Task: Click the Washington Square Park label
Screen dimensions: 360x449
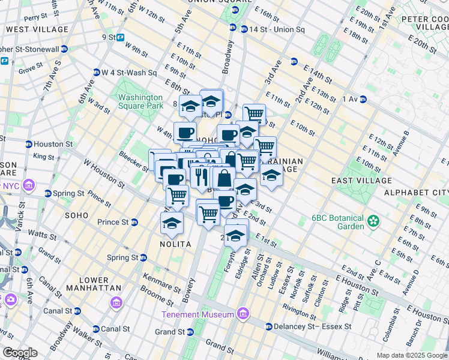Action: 140,101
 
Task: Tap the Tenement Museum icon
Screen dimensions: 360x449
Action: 243,313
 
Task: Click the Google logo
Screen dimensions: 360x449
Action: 20,352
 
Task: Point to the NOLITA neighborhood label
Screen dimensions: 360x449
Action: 175,244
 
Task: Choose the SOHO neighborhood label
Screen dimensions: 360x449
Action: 77,214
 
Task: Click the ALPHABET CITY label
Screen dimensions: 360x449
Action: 416,192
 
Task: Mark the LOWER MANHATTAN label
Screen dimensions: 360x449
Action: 94,284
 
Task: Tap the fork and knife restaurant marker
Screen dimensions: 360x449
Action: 200,176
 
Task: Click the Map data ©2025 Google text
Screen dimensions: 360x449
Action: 412,355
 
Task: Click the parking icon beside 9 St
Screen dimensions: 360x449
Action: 120,37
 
